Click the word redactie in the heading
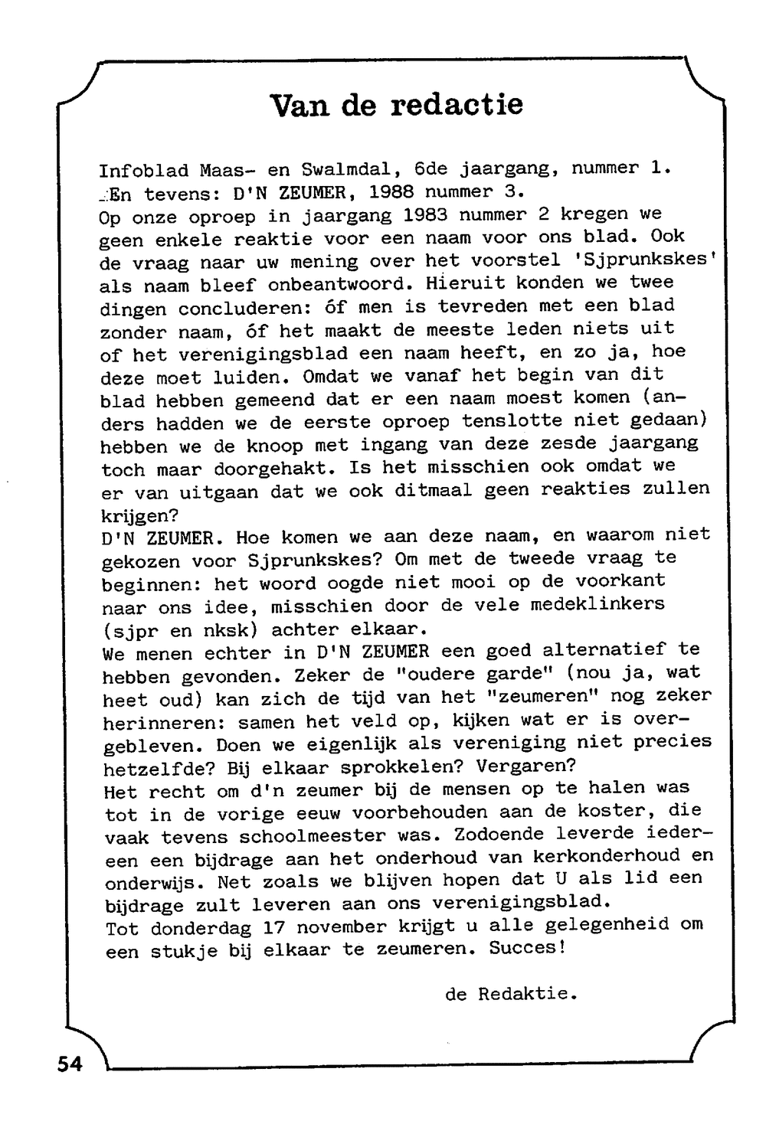point(457,104)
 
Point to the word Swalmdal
point(348,169)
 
